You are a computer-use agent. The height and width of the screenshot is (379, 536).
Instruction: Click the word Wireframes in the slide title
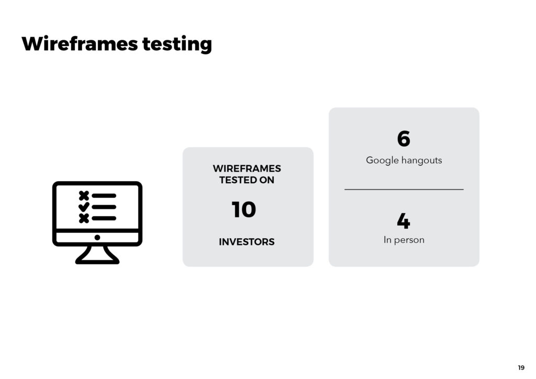pos(80,43)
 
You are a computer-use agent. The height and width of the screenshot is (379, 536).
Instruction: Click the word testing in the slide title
pos(177,44)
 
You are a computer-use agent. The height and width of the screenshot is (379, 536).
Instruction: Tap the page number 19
pos(521,367)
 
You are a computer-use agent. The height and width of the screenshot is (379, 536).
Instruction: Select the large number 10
pos(244,209)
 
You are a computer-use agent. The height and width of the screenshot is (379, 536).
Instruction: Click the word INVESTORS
pos(247,242)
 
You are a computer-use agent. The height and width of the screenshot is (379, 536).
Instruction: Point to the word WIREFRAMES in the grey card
pos(247,169)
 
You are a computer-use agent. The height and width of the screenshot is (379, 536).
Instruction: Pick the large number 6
pos(404,138)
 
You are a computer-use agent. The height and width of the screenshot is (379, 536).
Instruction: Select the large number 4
pos(404,221)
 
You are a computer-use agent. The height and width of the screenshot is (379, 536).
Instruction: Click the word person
pos(409,240)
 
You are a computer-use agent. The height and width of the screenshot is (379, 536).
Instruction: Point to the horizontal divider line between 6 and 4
pos(404,189)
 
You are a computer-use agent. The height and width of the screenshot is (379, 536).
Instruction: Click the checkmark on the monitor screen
pos(84,207)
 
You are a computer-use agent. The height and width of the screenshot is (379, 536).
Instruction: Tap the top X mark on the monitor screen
pos(84,196)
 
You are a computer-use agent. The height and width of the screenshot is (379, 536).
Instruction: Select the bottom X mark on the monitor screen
pos(84,218)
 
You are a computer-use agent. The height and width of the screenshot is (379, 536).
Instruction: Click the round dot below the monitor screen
pos(97,238)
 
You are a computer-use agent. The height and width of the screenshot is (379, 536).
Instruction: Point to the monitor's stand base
pos(97,261)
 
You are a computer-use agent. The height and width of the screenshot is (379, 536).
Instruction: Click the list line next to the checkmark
pos(104,207)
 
